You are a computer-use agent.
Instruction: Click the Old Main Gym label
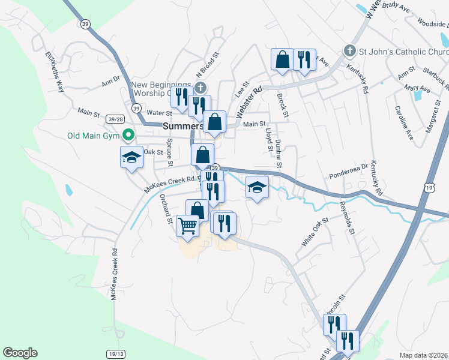pyautogui.click(x=91, y=135)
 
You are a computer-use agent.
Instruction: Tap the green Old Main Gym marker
pyautogui.click(x=127, y=135)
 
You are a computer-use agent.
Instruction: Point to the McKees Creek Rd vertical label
pyautogui.click(x=114, y=275)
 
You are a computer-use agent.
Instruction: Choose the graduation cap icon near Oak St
pyautogui.click(x=131, y=157)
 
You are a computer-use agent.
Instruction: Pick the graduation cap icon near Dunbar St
pyautogui.click(x=256, y=187)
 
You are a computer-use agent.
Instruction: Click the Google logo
pyautogui.click(x=20, y=353)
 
